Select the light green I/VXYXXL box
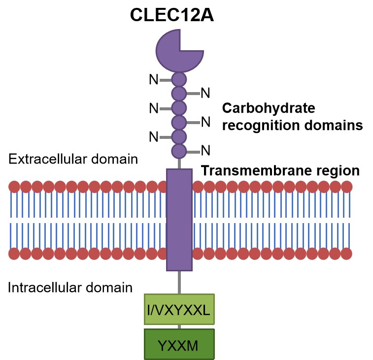(x=179, y=309)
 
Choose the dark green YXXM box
(x=179, y=344)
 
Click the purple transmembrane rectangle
(x=179, y=219)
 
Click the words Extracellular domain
(x=73, y=160)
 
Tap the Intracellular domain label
(x=70, y=288)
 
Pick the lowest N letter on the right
(x=205, y=150)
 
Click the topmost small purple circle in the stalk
(x=179, y=79)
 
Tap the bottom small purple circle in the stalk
(x=179, y=150)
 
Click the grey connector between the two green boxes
(x=179, y=326)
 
